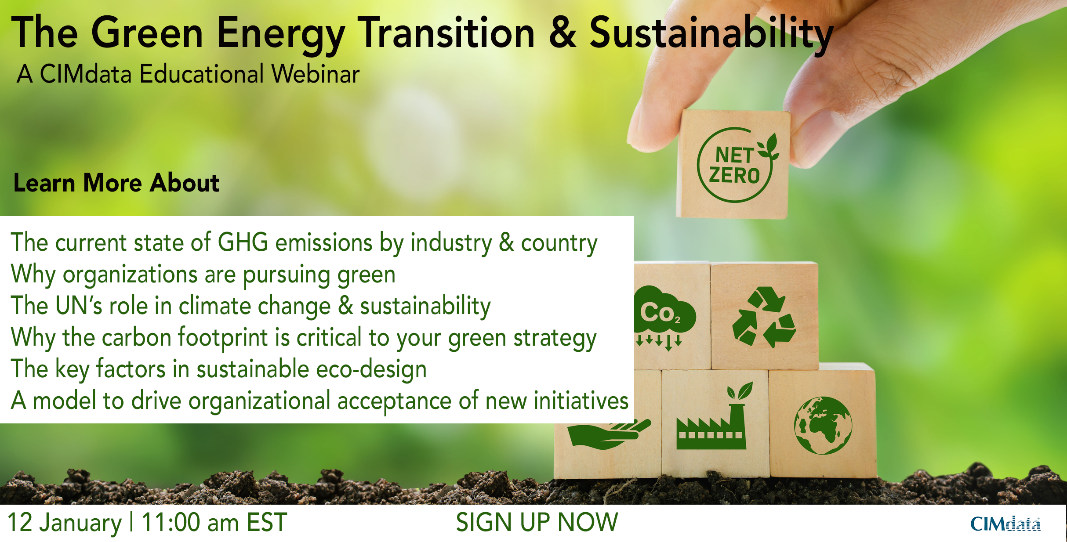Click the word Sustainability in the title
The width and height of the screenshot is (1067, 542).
click(711, 33)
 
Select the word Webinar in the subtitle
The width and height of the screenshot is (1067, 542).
click(315, 74)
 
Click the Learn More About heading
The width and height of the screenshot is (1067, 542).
click(116, 183)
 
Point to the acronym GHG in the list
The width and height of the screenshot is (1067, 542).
click(243, 242)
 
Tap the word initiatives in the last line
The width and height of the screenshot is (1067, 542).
click(581, 401)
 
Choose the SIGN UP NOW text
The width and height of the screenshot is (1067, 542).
click(537, 522)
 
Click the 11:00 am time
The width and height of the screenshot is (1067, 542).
click(189, 523)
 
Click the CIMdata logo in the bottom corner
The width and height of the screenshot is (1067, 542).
click(1005, 524)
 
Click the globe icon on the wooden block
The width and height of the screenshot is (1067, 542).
click(823, 425)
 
